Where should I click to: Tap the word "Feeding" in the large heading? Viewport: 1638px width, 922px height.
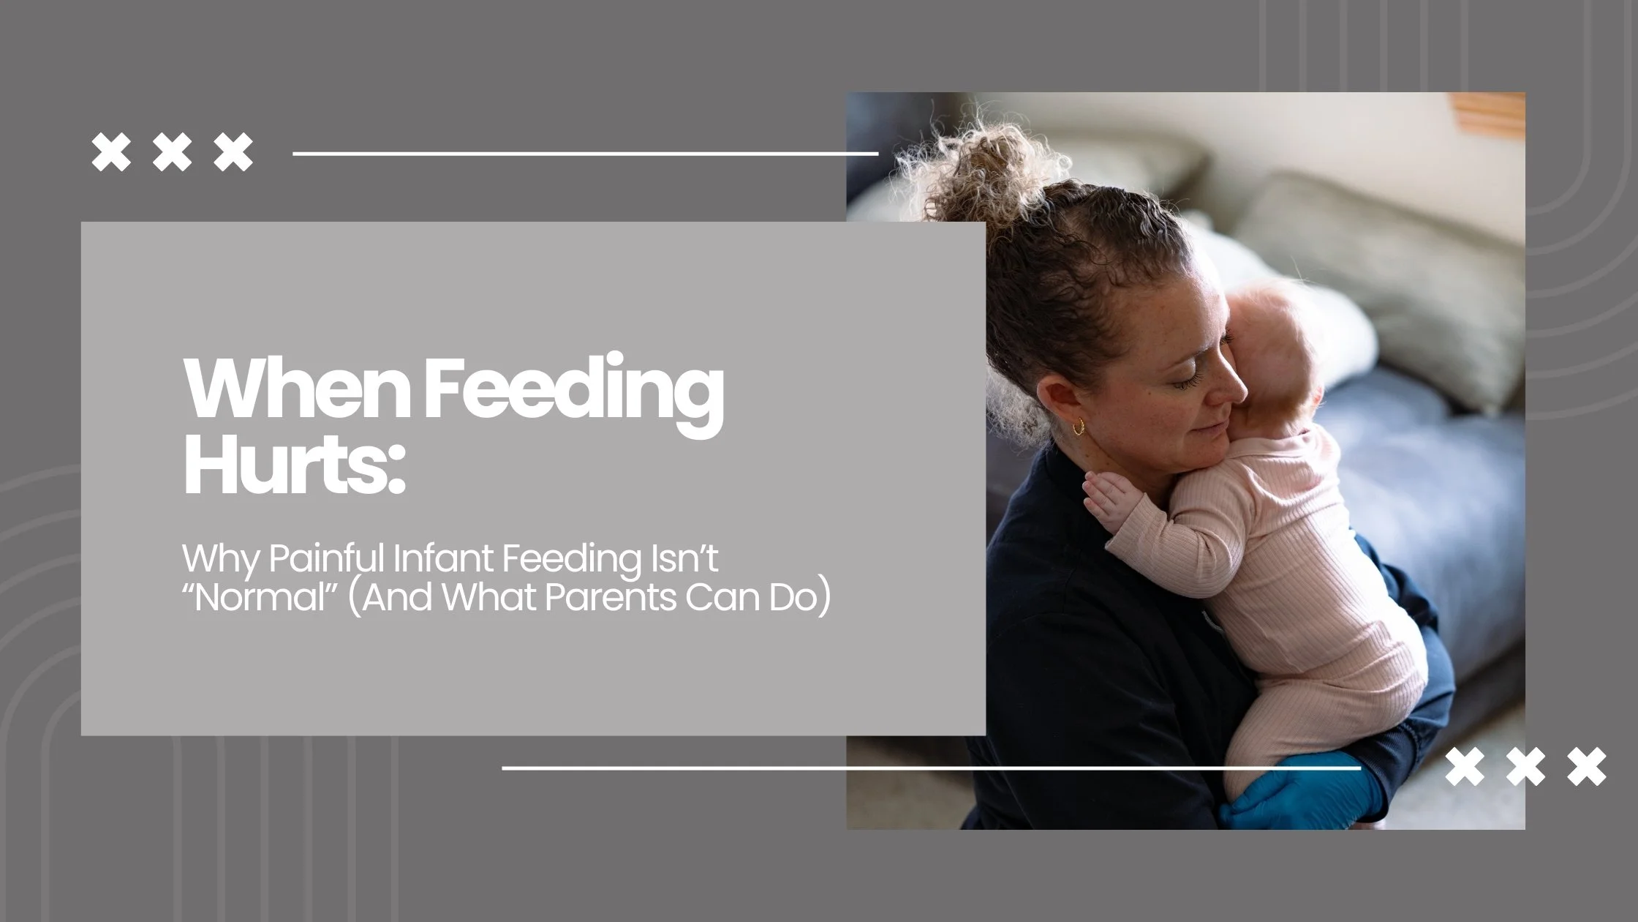[570, 391]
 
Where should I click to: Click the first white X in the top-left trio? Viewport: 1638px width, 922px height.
[110, 152]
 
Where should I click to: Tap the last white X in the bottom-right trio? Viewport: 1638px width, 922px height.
[1588, 767]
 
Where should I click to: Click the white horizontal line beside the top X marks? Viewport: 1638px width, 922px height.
[585, 154]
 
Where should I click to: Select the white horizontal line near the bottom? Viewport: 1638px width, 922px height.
[929, 768]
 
